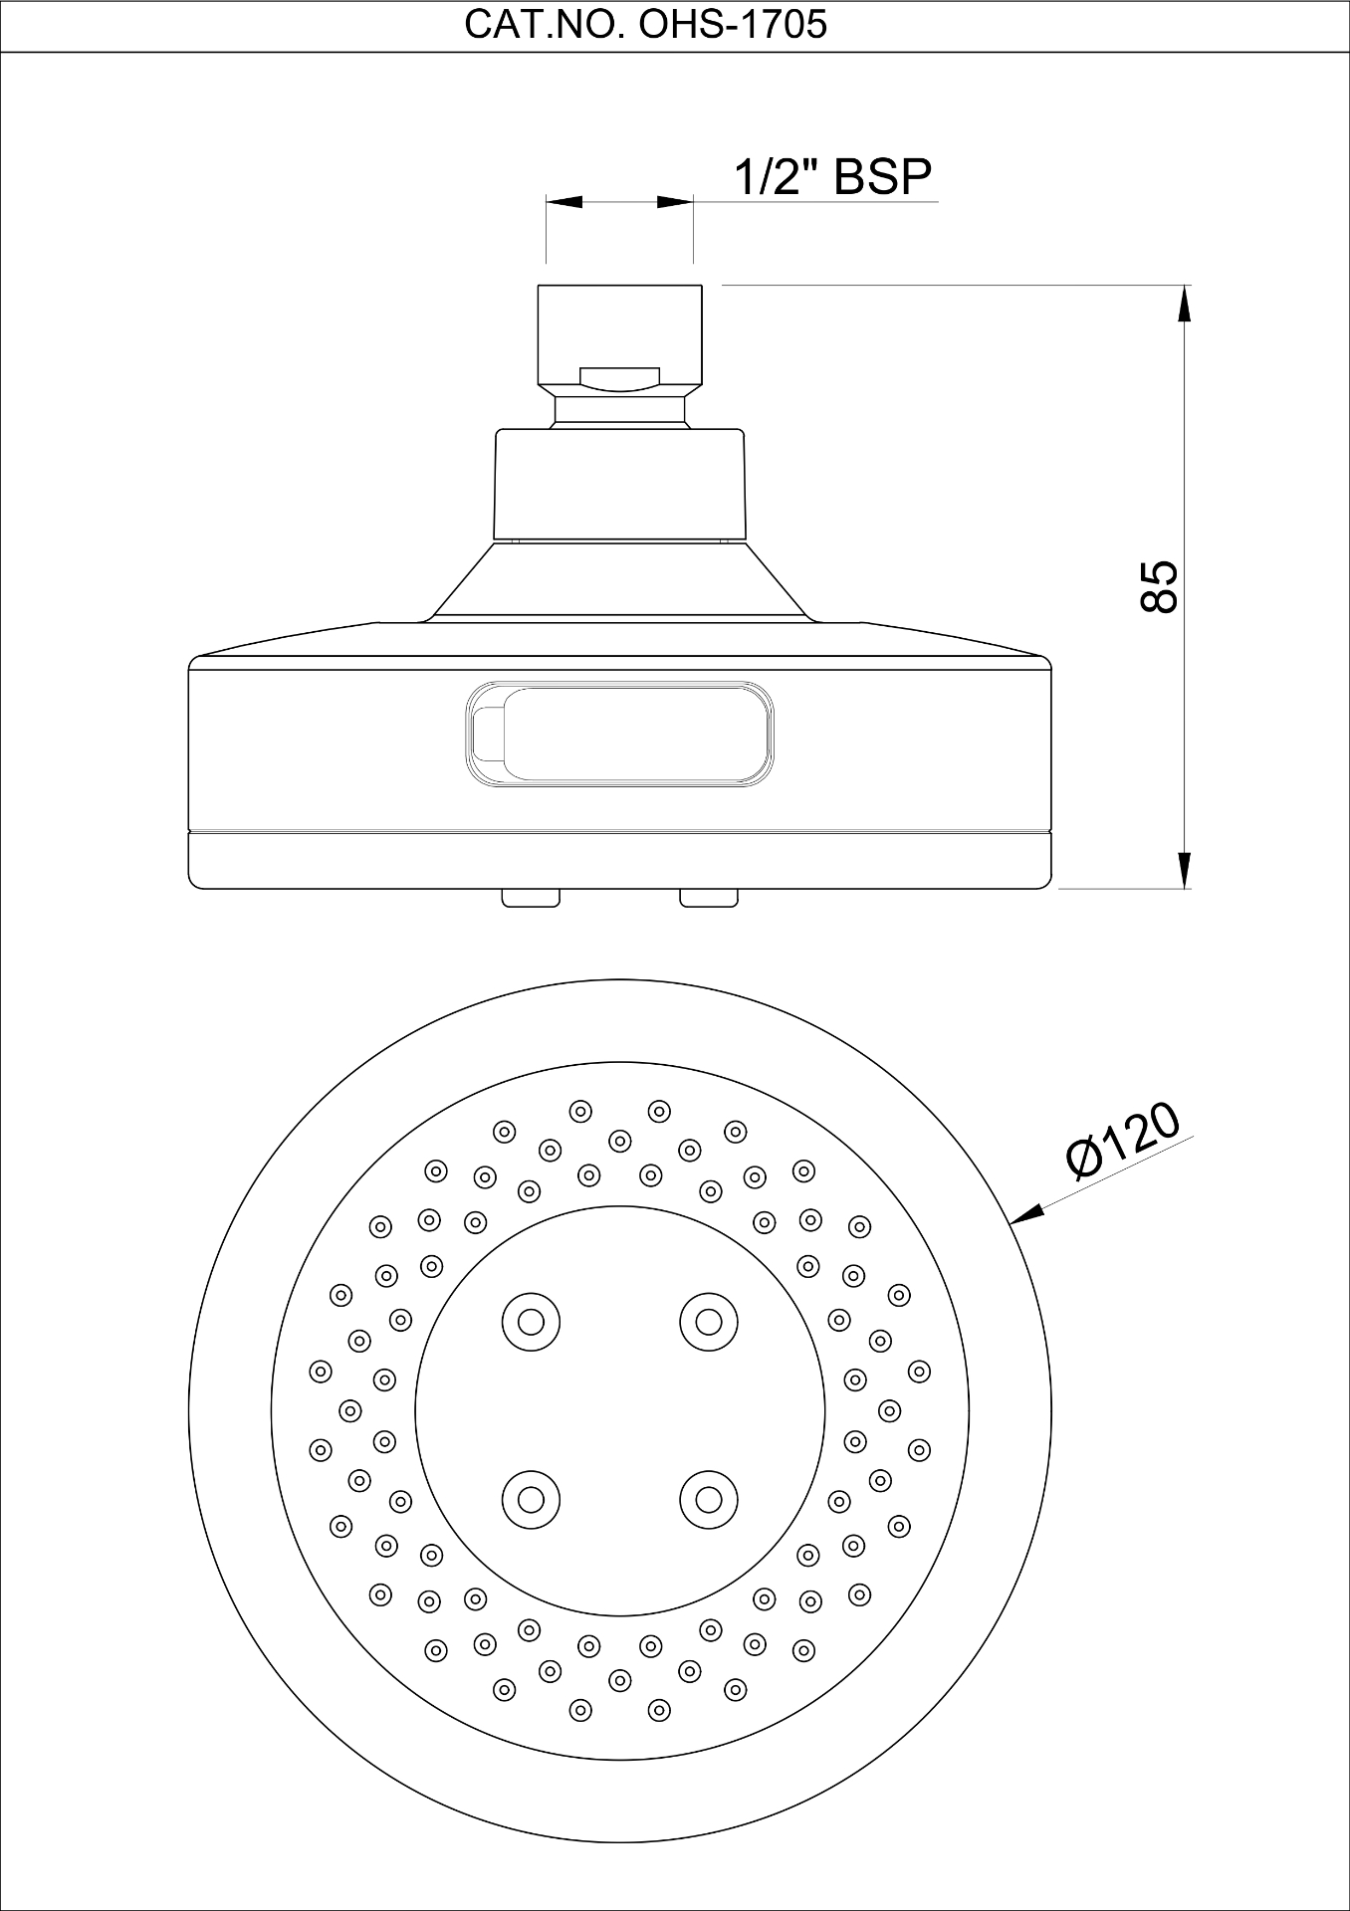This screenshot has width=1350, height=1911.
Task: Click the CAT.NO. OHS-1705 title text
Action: pyautogui.click(x=645, y=25)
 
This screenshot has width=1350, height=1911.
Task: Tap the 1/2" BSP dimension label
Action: pyautogui.click(x=832, y=177)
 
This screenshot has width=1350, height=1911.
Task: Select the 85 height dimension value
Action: pyautogui.click(x=1159, y=586)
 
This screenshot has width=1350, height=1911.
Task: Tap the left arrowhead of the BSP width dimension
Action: pyautogui.click(x=563, y=202)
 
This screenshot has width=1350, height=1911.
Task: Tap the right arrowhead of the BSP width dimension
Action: pyautogui.click(x=675, y=202)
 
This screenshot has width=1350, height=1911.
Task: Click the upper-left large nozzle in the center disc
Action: pyautogui.click(x=531, y=1322)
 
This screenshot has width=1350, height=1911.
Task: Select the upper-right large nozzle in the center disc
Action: pyautogui.click(x=708, y=1322)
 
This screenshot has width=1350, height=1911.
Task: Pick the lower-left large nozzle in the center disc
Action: pyautogui.click(x=531, y=1499)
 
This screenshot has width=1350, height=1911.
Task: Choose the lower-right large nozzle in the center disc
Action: pyautogui.click(x=708, y=1499)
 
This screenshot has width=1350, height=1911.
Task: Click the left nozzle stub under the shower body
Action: pyautogui.click(x=531, y=898)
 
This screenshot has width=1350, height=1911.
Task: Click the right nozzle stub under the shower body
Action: pyautogui.click(x=709, y=898)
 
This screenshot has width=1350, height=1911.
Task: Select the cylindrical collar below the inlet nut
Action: pyautogui.click(x=619, y=485)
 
